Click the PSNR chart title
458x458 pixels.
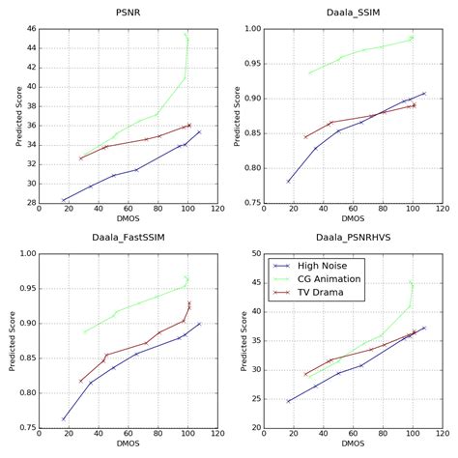pyautogui.click(x=127, y=14)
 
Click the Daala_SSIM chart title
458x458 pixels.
pyautogui.click(x=353, y=14)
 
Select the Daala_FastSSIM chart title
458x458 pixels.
pyautogui.click(x=127, y=238)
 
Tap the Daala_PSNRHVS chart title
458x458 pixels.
pyautogui.click(x=353, y=238)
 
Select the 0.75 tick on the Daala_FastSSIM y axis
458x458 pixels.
pyautogui.click(x=24, y=427)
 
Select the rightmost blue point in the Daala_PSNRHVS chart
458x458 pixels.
pyautogui.click(x=423, y=328)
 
